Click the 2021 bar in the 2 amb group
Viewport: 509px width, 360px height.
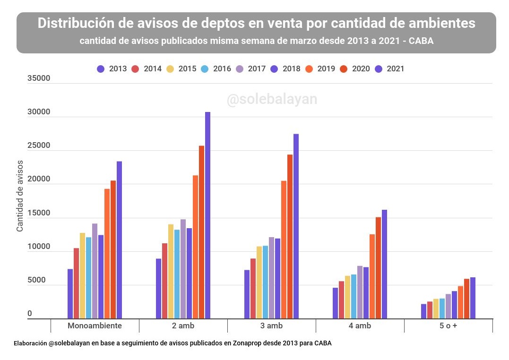207,215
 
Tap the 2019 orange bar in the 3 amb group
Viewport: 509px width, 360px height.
284,250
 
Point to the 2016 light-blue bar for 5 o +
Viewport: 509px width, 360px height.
442,309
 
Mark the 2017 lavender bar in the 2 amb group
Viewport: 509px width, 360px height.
183,269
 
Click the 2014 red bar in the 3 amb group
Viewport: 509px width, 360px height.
253,289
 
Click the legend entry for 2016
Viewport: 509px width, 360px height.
216,69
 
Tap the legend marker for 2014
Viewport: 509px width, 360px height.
135,69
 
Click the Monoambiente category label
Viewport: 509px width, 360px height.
95,326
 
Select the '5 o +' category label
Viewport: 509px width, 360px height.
448,326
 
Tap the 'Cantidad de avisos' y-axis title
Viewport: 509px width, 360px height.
20,196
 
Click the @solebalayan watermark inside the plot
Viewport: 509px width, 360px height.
272,100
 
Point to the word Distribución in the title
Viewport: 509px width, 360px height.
76,23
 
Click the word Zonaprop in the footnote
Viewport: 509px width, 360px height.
247,343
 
